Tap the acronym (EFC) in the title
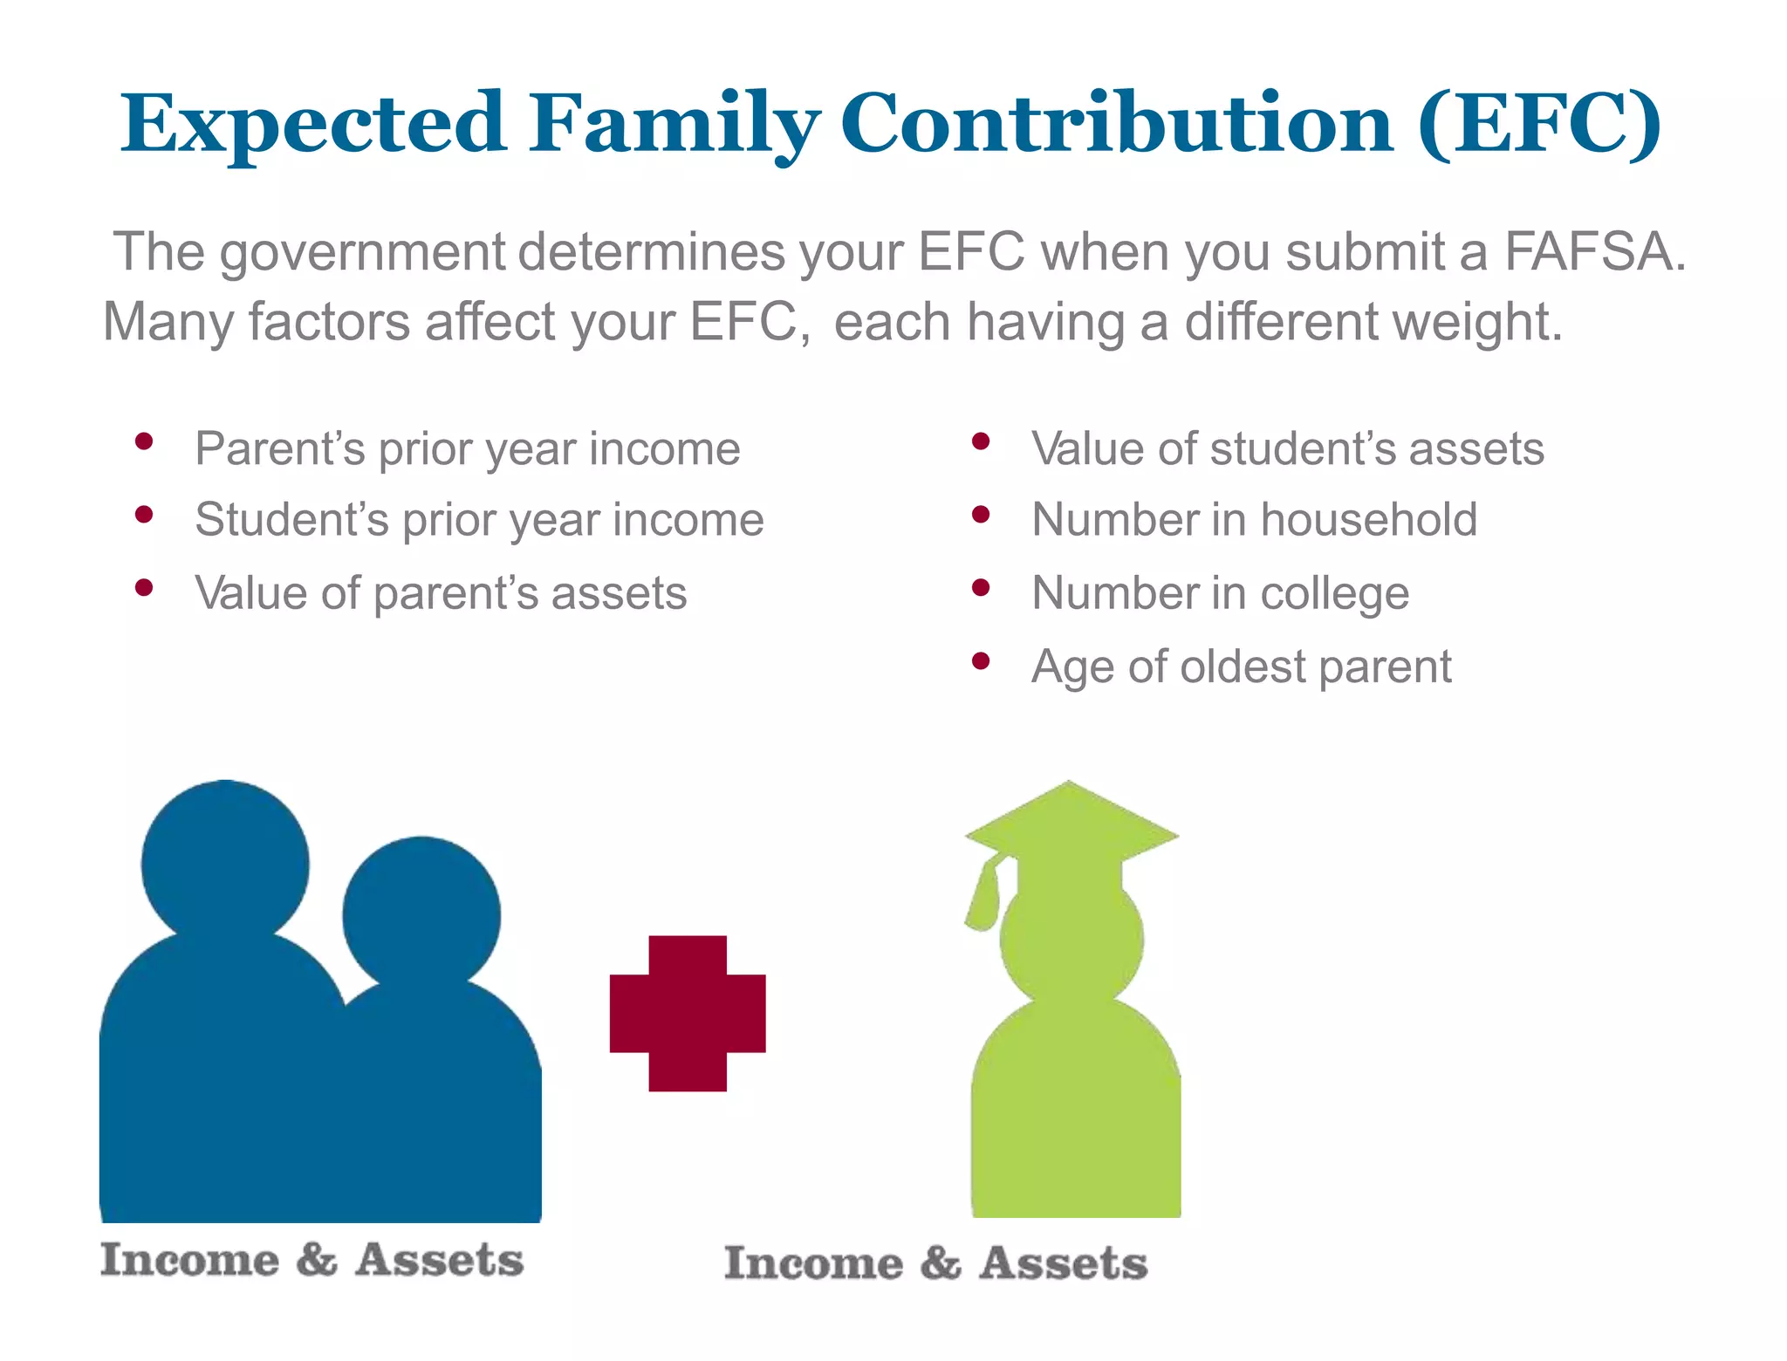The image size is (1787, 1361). (1539, 124)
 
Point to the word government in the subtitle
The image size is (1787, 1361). (361, 252)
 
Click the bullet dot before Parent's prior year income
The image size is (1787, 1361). (145, 441)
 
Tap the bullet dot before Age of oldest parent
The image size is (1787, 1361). (981, 660)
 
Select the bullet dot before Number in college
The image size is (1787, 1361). (981, 587)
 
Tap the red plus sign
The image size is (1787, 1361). (688, 1013)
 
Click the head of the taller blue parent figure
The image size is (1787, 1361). (225, 863)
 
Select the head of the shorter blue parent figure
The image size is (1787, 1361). (421, 914)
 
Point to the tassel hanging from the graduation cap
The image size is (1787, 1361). (984, 899)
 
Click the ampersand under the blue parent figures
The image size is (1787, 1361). (316, 1260)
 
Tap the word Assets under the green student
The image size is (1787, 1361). (1063, 1264)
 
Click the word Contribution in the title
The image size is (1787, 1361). (1117, 124)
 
